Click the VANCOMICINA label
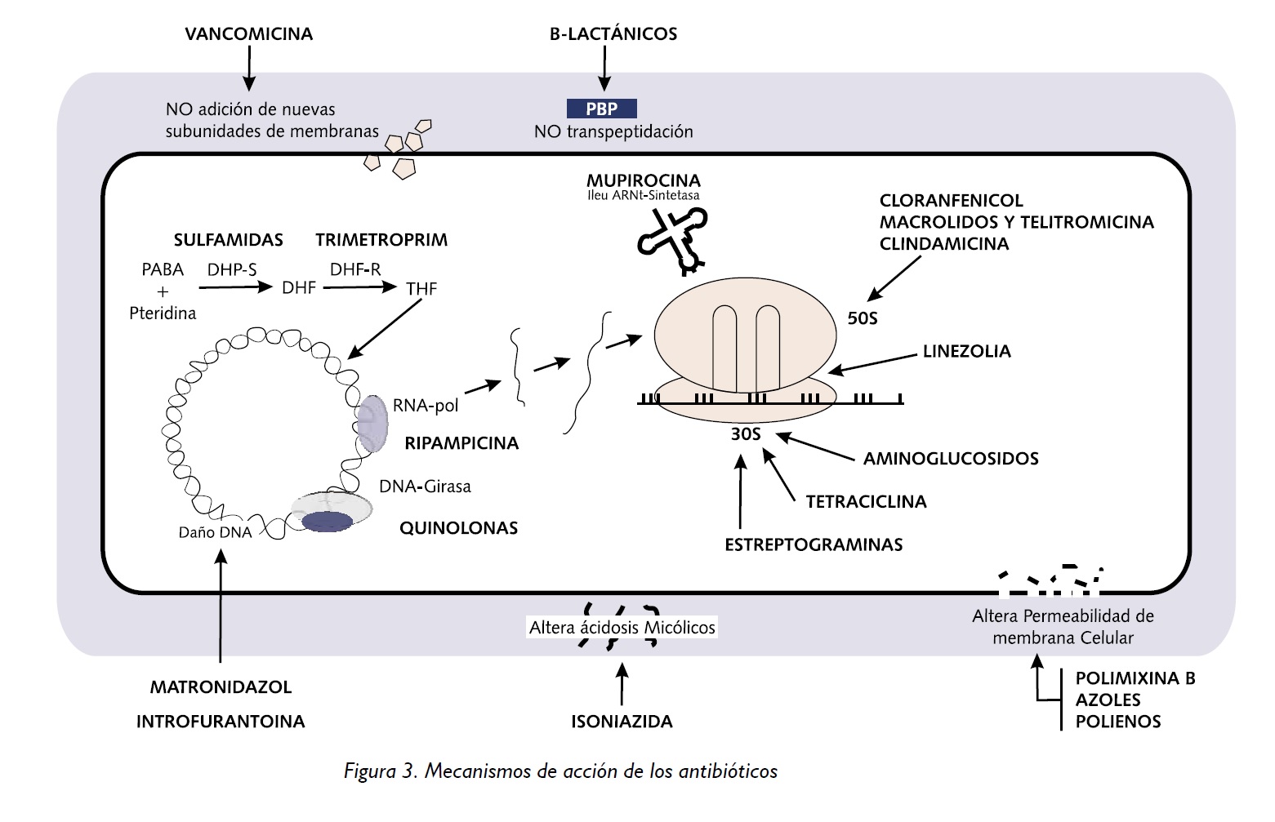coord(248,34)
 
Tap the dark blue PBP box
coord(601,109)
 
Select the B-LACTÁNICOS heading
coord(613,34)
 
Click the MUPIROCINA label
coord(643,180)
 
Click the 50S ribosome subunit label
coord(862,318)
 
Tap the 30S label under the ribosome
coord(745,434)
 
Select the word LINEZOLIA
coord(966,352)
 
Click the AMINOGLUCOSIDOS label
coord(951,459)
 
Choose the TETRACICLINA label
coord(866,502)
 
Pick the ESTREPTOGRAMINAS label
coord(814,545)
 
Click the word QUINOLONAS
coord(458,528)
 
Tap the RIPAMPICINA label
coord(461,443)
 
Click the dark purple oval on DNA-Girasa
coord(328,522)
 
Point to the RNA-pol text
coord(425,406)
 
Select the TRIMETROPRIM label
coord(381,240)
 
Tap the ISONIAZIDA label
coord(622,722)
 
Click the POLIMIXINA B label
coord(1135,678)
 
